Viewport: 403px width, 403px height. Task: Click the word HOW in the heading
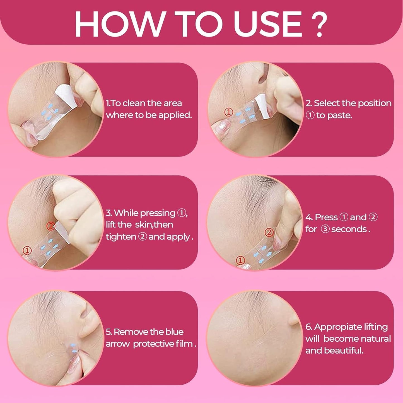click(119, 24)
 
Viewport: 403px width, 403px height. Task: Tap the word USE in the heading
click(268, 24)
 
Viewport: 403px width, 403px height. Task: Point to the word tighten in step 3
click(121, 237)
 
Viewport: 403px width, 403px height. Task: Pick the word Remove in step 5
click(128, 332)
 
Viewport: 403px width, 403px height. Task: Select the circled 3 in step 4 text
click(325, 229)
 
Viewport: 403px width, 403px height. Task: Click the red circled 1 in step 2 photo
click(229, 112)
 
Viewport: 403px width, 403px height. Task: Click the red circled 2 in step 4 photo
click(269, 232)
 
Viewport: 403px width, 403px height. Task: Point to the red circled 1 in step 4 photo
click(240, 260)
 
